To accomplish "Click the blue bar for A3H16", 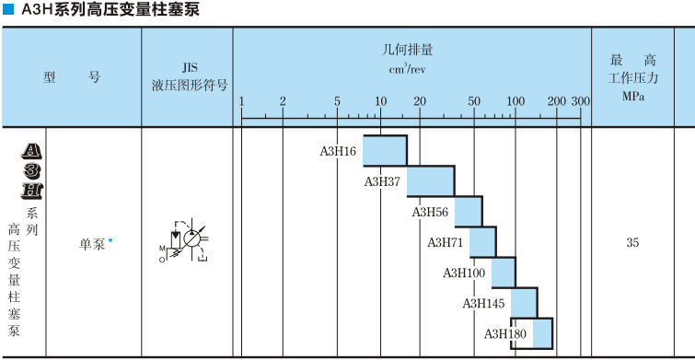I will click(x=385, y=150).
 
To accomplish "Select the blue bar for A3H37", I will click(x=430, y=180).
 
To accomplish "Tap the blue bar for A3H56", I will click(x=468, y=211).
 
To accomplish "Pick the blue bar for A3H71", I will click(x=482, y=241).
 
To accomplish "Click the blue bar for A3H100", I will click(x=503, y=272).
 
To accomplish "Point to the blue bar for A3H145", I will click(x=524, y=302).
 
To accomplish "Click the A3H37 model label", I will click(x=382, y=181).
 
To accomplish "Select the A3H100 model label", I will click(x=464, y=273).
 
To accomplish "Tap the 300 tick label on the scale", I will click(x=580, y=101).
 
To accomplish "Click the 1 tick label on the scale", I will click(x=241, y=101).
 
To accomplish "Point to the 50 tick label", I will click(x=474, y=101).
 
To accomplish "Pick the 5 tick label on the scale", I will click(x=338, y=101).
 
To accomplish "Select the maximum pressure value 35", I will click(x=632, y=243).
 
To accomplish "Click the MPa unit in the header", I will click(x=632, y=96).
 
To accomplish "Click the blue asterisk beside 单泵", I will click(x=110, y=241).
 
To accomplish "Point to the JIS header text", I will click(x=189, y=67).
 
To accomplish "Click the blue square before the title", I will click(x=8, y=9).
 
